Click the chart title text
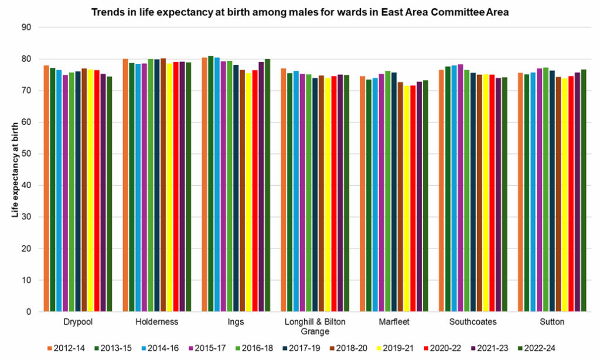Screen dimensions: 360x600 [x=300, y=12]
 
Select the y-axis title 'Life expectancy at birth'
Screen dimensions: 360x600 [x=16, y=169]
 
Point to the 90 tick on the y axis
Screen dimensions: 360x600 [x=26, y=28]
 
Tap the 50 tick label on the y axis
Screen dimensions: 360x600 [x=26, y=154]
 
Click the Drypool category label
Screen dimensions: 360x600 [x=78, y=322]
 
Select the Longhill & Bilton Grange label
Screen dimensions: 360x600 [x=315, y=327]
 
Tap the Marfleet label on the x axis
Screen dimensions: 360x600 [x=394, y=322]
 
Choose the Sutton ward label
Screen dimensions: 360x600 [x=552, y=322]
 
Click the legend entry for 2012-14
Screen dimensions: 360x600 [x=66, y=348]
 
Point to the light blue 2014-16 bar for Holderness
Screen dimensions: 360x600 [x=138, y=188]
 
